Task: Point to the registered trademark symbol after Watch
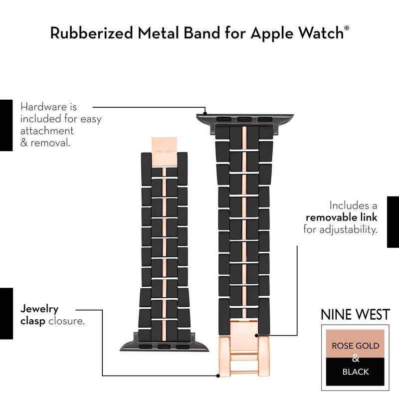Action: tap(347, 28)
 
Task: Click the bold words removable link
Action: tap(341, 217)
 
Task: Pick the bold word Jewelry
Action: tap(39, 309)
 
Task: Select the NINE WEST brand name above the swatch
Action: tap(355, 315)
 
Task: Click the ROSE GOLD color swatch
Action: tap(356, 345)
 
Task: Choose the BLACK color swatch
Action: tap(356, 372)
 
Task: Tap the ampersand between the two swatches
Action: tap(356, 359)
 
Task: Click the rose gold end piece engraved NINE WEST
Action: tap(165, 148)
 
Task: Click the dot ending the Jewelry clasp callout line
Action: tap(218, 376)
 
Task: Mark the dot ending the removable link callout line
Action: tap(257, 335)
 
